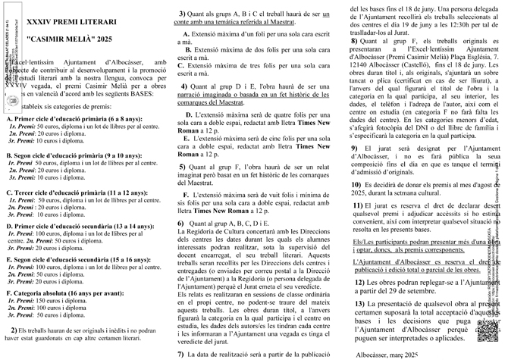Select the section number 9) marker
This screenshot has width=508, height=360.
tap(355, 149)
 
